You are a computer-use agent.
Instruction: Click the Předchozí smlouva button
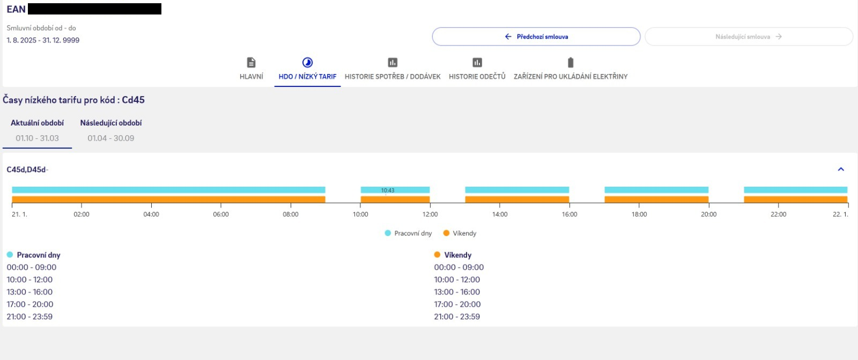pos(536,36)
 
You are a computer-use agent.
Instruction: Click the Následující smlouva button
pos(748,36)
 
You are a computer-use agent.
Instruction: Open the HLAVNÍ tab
pos(251,69)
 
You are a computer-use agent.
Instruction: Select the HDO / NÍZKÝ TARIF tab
pos(307,69)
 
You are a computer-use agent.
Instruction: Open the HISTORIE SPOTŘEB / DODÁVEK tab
pos(393,69)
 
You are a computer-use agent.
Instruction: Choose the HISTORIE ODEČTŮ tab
pos(477,69)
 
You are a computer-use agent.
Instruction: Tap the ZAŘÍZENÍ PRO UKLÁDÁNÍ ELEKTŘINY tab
pos(571,69)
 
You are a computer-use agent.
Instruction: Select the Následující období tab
pos(111,130)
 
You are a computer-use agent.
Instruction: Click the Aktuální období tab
pos(37,130)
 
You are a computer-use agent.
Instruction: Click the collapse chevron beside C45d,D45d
pos(841,170)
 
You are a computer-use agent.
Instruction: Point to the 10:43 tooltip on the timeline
pos(388,190)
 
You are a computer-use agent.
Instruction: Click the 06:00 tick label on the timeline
pos(221,215)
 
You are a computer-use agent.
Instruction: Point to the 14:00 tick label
pos(500,215)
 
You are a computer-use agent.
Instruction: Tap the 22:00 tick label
pos(778,215)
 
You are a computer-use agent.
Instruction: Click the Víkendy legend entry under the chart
pos(460,233)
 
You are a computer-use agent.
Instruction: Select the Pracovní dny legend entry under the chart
pos(408,233)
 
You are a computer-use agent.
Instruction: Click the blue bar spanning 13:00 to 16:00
pos(517,190)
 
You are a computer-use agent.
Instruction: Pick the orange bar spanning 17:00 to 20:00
pos(656,200)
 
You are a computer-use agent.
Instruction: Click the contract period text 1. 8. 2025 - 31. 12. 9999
pos(43,40)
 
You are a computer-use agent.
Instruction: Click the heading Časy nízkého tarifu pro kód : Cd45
pos(73,100)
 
